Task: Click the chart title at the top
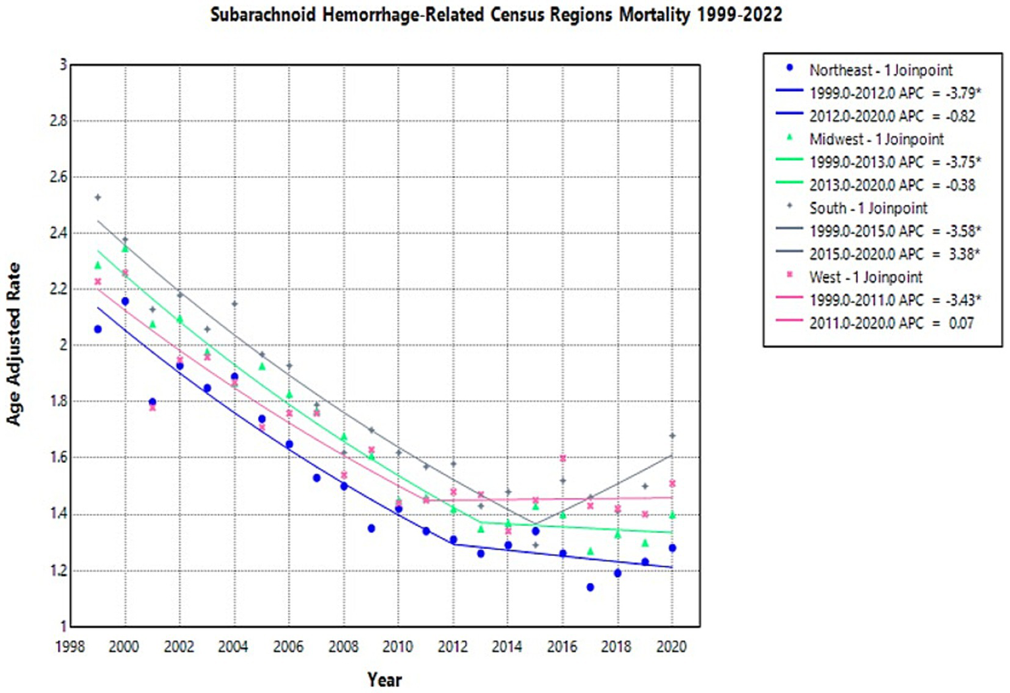point(496,14)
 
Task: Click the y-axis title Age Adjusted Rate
point(14,344)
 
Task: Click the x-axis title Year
point(384,679)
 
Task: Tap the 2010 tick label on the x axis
point(397,647)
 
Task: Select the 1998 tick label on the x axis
point(70,647)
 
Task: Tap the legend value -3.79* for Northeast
point(963,93)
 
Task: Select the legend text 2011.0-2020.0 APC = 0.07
point(891,323)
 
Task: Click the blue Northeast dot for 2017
point(590,587)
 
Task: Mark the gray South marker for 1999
point(98,197)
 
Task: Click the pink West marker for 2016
point(563,458)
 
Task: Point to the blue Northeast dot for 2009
point(371,529)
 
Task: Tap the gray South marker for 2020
point(672,436)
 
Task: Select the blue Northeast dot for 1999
point(98,329)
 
